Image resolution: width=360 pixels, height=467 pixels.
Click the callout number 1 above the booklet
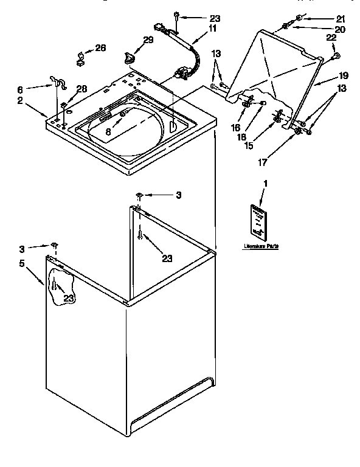pos(265,183)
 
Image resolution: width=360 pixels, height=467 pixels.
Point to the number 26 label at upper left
pos(100,48)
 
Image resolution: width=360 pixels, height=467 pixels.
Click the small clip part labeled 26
pos(79,59)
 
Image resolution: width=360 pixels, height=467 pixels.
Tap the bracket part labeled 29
pos(127,57)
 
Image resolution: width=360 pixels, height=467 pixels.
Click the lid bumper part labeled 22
pos(335,57)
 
